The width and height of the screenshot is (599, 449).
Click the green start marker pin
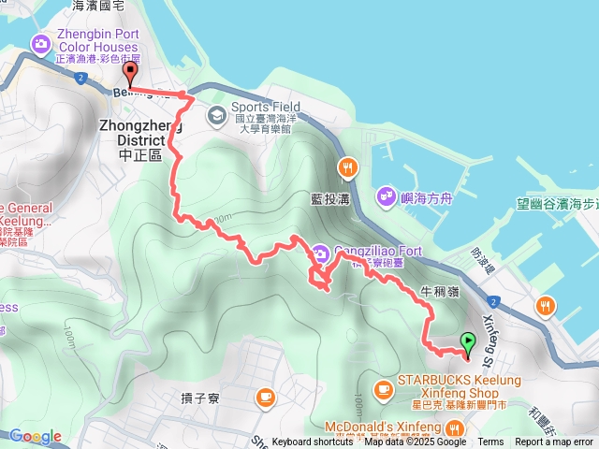(468, 342)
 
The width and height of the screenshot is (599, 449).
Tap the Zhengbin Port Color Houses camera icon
(40, 43)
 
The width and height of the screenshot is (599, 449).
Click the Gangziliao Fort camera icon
(320, 252)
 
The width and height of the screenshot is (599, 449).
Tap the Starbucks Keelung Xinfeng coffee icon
(383, 388)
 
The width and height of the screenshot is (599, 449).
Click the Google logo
(36, 436)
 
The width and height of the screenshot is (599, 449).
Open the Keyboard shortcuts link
(313, 442)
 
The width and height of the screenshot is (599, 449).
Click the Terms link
(490, 442)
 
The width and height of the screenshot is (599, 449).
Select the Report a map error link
(554, 442)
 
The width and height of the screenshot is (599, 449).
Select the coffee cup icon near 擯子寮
(265, 397)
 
